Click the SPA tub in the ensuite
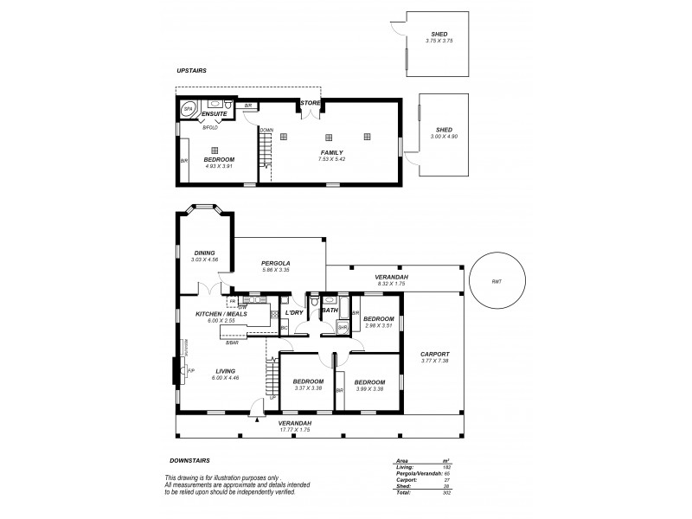pyautogui.click(x=186, y=110)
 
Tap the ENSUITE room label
pyautogui.click(x=214, y=114)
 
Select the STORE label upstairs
pyautogui.click(x=311, y=103)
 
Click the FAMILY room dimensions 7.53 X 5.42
pyautogui.click(x=331, y=159)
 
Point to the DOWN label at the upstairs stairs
pyautogui.click(x=266, y=131)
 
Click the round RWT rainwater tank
pyautogui.click(x=496, y=280)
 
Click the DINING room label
pyautogui.click(x=204, y=253)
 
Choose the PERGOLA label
pyautogui.click(x=276, y=263)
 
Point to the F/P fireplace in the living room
pyautogui.click(x=190, y=371)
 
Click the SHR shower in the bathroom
pyautogui.click(x=343, y=328)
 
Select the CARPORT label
pyautogui.click(x=434, y=354)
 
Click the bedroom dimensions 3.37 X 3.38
pyautogui.click(x=308, y=388)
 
